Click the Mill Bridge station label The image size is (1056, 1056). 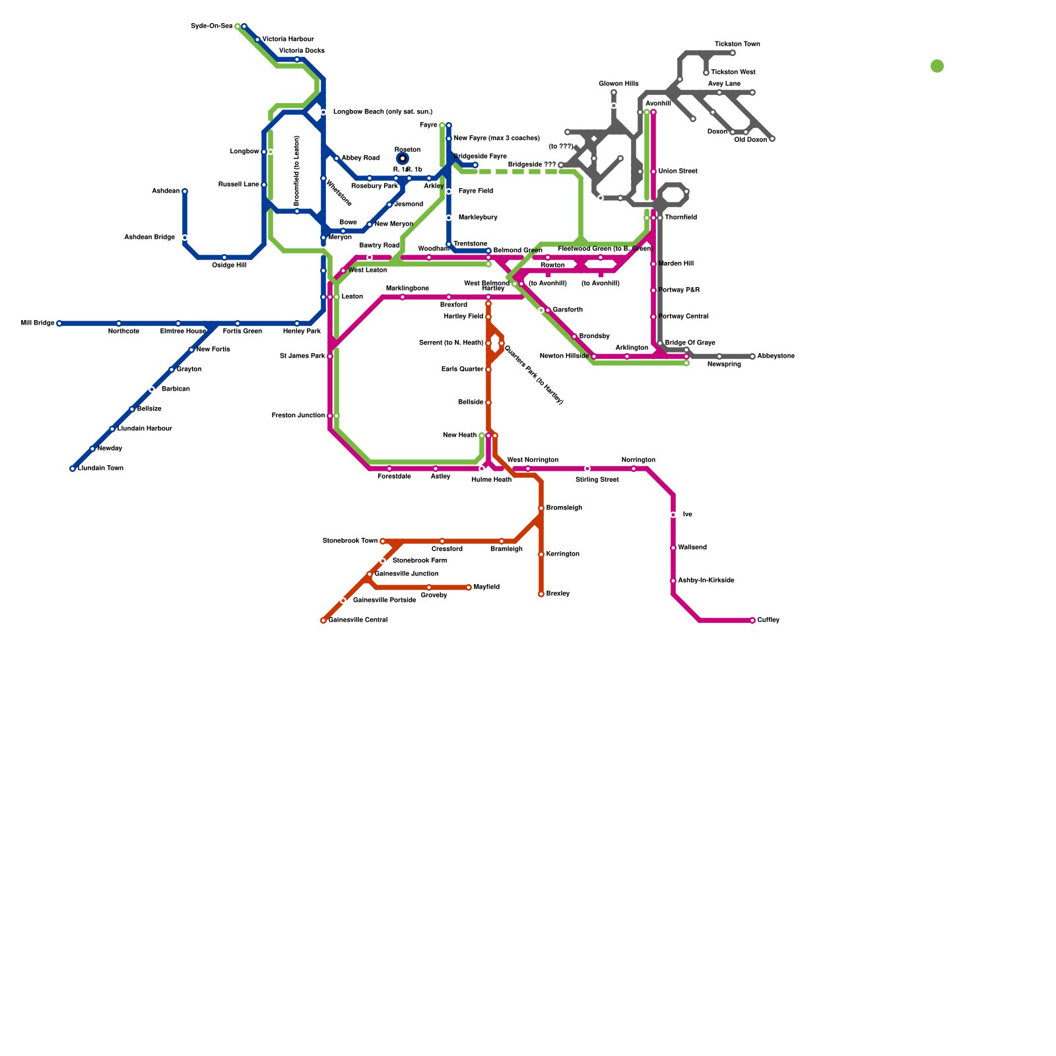point(38,323)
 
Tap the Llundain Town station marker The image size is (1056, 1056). point(73,469)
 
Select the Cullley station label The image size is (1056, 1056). point(768,620)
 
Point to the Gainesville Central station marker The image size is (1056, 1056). point(323,620)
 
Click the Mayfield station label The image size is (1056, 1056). point(486,587)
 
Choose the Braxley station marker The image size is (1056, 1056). point(541,594)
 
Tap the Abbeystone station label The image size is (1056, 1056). point(775,356)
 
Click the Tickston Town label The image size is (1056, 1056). point(737,44)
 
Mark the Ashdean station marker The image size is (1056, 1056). point(185,191)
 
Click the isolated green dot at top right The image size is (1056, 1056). point(937,66)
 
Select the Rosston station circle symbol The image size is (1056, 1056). point(403,158)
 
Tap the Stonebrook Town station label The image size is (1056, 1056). point(350,541)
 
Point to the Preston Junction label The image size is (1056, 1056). point(298,416)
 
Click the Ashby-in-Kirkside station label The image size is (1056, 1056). point(706,581)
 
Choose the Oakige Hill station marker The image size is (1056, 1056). point(224,257)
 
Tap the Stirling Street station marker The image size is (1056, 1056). point(587,469)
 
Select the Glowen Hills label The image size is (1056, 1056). point(618,84)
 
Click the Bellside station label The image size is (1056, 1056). point(471,403)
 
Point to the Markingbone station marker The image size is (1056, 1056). point(403,297)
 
